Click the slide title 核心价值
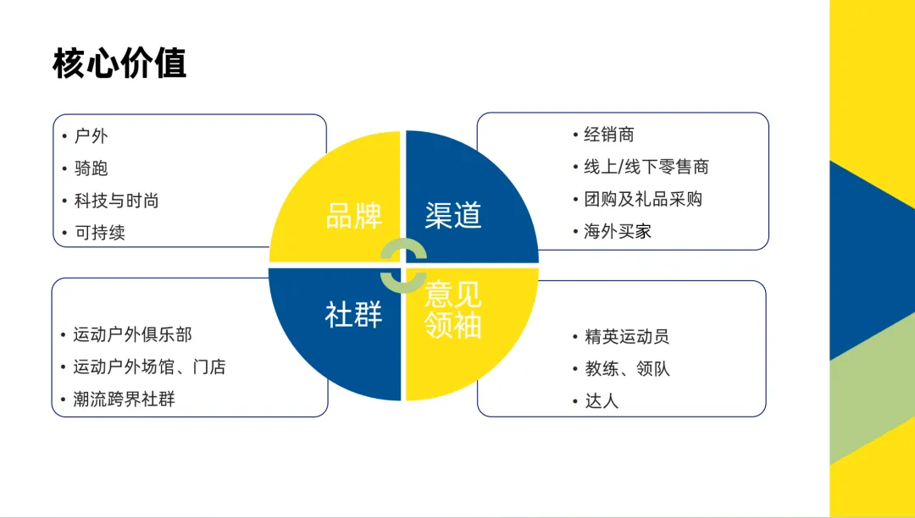pyautogui.click(x=119, y=64)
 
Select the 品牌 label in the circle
pyautogui.click(x=354, y=216)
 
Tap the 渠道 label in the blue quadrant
pyautogui.click(x=453, y=216)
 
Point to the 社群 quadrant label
pyautogui.click(x=354, y=314)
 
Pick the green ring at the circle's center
pyautogui.click(x=403, y=265)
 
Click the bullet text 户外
pyautogui.click(x=91, y=135)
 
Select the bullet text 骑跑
pyautogui.click(x=91, y=168)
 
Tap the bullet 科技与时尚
pyautogui.click(x=116, y=201)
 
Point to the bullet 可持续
pyautogui.click(x=100, y=233)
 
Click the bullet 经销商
pyautogui.click(x=609, y=135)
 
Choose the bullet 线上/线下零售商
pyautogui.click(x=646, y=167)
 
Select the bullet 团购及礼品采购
pyautogui.click(x=643, y=199)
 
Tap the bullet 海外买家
pyautogui.click(x=618, y=231)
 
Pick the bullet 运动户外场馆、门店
pyautogui.click(x=149, y=366)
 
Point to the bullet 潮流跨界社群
pyautogui.click(x=124, y=400)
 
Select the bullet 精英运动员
pyautogui.click(x=627, y=336)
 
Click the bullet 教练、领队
pyautogui.click(x=627, y=369)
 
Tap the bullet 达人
pyautogui.click(x=602, y=401)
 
